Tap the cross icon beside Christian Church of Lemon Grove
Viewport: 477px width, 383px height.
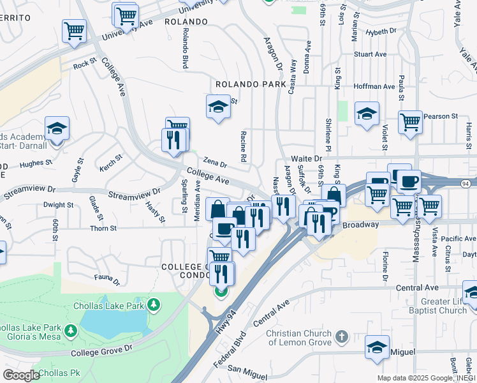pos(341,336)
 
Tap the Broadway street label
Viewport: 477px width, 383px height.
pos(361,225)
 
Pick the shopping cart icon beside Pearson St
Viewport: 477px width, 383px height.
pos(411,122)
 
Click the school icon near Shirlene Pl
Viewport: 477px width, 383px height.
pos(367,114)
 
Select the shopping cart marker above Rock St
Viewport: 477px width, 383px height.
pos(75,31)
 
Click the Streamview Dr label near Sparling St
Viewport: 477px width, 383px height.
pos(134,194)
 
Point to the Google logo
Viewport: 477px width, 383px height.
pos(20,375)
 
